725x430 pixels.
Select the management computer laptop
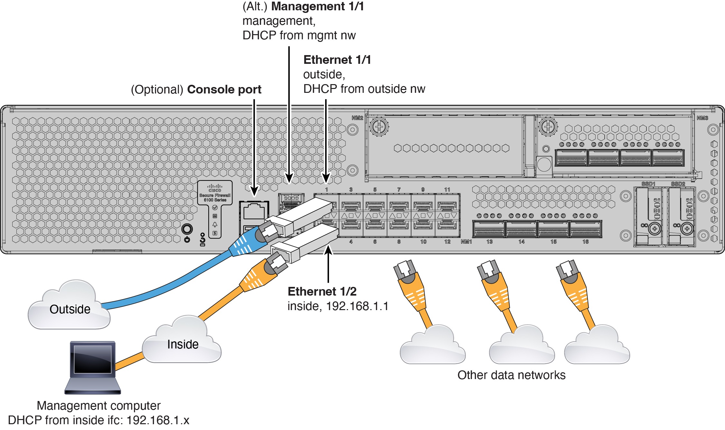tap(93, 367)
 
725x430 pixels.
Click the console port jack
tap(254, 211)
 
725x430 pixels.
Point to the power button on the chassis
tap(187, 230)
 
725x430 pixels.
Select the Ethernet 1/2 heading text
tap(322, 291)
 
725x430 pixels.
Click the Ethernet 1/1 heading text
tap(337, 60)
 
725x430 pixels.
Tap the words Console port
tap(224, 90)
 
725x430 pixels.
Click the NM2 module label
tap(357, 118)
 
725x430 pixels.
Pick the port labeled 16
tap(585, 229)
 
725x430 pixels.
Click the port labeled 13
tap(489, 229)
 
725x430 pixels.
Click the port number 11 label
tap(447, 190)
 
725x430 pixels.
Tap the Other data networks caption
tap(511, 375)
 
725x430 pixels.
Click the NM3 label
tap(702, 118)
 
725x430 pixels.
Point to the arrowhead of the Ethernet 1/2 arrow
tap(328, 249)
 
